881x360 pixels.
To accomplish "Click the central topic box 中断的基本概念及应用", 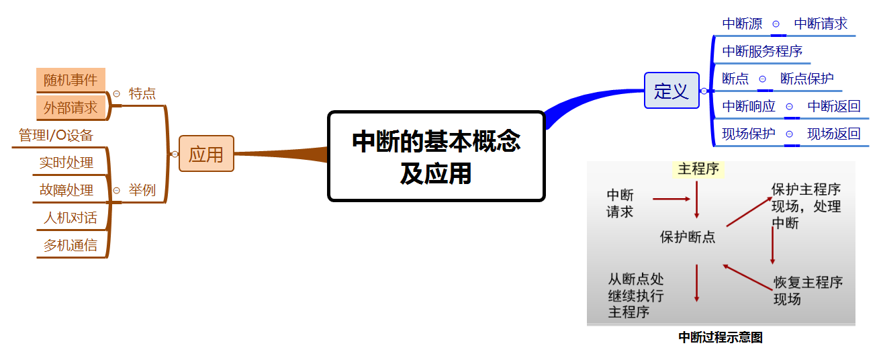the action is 436,156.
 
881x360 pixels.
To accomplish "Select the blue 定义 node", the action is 671,91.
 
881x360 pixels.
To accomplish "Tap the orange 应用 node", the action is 206,154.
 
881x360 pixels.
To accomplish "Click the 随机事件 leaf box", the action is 71,81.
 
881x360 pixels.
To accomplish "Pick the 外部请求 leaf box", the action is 71,107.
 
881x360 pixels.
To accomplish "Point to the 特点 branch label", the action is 142,93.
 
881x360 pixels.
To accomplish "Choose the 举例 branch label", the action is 142,190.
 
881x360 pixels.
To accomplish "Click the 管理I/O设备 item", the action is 56,136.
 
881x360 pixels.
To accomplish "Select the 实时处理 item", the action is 66,163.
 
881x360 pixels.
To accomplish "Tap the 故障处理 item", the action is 66,190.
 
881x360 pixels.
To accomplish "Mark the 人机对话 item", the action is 70,218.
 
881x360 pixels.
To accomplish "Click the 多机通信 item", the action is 70,245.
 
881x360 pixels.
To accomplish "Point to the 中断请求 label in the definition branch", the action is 821,24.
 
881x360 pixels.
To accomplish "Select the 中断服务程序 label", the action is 762,51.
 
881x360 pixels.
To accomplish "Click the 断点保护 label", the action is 806,79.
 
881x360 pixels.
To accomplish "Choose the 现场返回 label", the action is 833,134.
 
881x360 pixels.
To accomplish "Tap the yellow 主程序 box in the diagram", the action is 698,169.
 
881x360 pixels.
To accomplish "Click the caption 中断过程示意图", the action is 721,338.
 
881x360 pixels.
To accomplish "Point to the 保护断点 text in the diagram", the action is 688,237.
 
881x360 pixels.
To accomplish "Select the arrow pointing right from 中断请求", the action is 671,199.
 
